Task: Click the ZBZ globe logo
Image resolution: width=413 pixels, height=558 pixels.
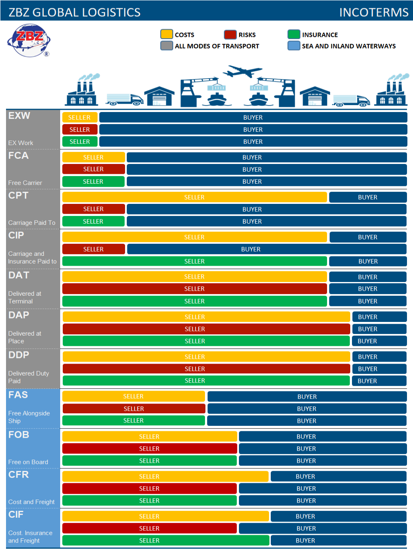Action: pos(29,40)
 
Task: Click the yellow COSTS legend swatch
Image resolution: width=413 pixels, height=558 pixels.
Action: pos(166,34)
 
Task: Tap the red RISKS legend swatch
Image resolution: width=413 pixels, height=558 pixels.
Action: pos(230,34)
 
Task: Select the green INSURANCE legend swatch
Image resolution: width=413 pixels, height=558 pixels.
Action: pos(294,34)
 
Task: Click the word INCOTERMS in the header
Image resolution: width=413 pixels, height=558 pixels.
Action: pos(373,12)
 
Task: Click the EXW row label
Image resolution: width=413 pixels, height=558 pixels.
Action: pos(19,116)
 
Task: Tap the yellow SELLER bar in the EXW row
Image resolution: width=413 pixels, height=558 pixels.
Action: pos(80,117)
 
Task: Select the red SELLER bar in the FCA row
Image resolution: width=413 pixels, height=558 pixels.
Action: pos(93,169)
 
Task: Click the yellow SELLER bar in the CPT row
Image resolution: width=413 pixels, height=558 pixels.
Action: pos(194,197)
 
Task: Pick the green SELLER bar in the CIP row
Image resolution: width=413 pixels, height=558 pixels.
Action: pos(194,261)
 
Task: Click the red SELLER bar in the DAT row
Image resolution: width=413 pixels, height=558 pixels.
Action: pos(194,289)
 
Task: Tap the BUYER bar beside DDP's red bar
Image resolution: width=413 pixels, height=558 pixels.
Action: pos(379,369)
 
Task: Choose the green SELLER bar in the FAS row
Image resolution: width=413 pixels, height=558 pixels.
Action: pos(133,421)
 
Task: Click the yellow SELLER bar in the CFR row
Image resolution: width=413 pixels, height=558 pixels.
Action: pos(165,476)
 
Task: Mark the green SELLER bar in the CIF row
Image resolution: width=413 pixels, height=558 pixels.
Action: pos(165,540)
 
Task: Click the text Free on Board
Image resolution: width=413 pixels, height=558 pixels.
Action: pos(28,462)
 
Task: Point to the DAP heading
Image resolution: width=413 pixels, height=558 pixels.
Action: pos(19,315)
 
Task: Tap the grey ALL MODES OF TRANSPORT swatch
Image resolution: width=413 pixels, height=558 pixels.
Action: pos(166,45)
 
